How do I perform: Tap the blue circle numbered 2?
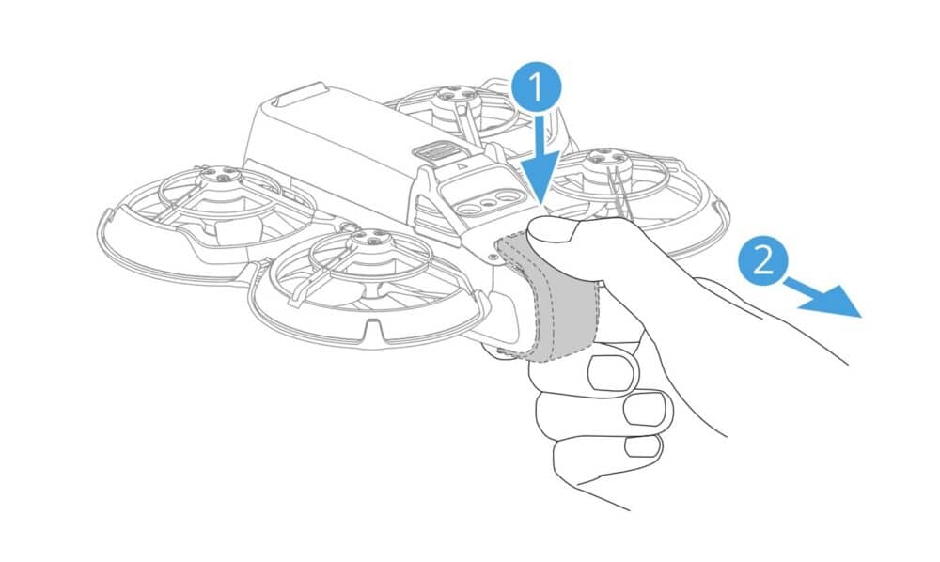[763, 258]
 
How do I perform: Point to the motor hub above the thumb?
[603, 163]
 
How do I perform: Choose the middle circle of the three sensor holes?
[488, 198]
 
